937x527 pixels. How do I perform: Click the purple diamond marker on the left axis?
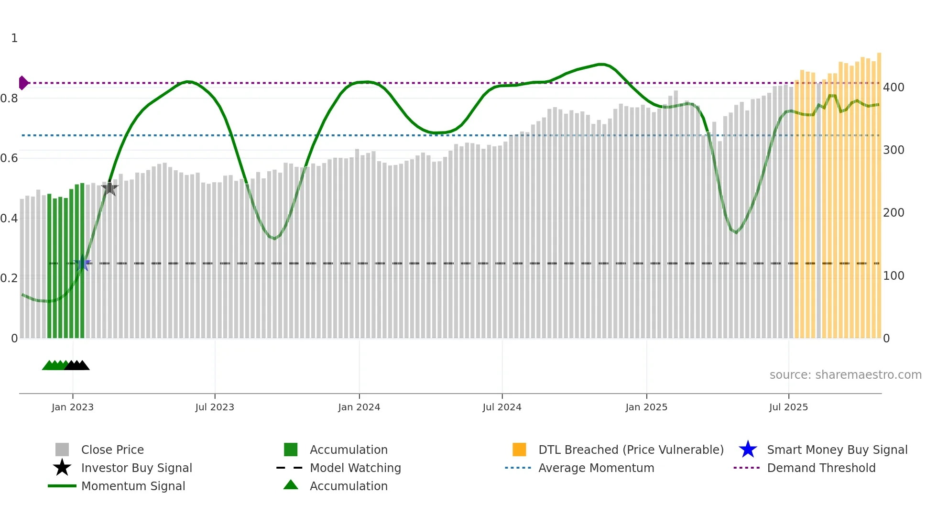point(23,83)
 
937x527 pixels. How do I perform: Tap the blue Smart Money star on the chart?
point(83,263)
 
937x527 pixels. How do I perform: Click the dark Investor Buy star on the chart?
point(110,188)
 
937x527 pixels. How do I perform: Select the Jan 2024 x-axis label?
point(359,407)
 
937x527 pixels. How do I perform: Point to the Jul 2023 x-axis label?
point(215,407)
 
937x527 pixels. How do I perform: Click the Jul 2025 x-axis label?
point(788,407)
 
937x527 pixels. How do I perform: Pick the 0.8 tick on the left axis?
point(9,99)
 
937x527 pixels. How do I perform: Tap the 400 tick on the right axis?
point(893,88)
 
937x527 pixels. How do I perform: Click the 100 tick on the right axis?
point(893,276)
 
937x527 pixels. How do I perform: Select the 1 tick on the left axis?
point(14,38)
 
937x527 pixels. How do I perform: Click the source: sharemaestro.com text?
point(845,375)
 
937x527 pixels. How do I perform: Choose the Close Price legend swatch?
point(62,450)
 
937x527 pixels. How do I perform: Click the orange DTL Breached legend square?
point(519,450)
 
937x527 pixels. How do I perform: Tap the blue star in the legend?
point(748,450)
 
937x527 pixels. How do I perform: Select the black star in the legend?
point(62,468)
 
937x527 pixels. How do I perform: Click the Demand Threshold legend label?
point(821,468)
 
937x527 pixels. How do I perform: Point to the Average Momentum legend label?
point(596,468)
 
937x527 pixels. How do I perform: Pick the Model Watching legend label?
point(355,468)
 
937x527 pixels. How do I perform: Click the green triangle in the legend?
point(291,485)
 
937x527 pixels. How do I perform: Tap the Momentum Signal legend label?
point(133,486)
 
